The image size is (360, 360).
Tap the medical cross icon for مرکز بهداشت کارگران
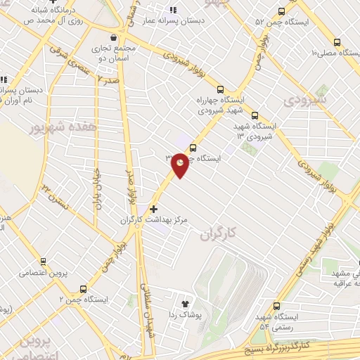(x=154, y=210)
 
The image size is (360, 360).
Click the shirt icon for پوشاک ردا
(x=186, y=304)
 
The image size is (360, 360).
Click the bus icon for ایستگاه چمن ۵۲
(x=283, y=11)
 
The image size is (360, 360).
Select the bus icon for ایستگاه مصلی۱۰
(x=337, y=42)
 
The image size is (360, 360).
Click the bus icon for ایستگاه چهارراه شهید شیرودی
(x=220, y=89)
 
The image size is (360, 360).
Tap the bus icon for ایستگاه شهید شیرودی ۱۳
(x=255, y=116)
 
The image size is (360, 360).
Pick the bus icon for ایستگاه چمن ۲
(x=84, y=288)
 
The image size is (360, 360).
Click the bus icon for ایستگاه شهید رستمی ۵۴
(x=275, y=306)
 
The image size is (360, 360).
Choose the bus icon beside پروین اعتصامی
(x=44, y=261)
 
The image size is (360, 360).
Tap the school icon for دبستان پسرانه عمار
(x=172, y=10)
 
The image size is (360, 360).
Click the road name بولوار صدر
(x=130, y=181)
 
